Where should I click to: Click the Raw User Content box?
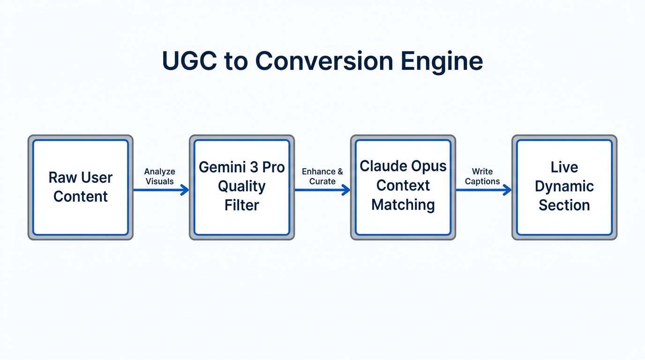click(x=81, y=187)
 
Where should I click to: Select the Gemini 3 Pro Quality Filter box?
click(x=242, y=187)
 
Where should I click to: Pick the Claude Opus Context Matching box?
click(x=403, y=187)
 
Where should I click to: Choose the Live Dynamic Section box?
click(x=564, y=187)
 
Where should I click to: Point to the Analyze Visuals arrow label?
click(x=160, y=177)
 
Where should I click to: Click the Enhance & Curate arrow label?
click(x=322, y=177)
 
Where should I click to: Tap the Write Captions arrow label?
click(x=482, y=177)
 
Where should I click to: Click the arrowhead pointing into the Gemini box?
click(x=185, y=190)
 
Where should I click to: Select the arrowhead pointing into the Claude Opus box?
click(x=346, y=190)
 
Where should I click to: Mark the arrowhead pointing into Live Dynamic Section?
click(x=508, y=190)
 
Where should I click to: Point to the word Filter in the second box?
click(x=242, y=205)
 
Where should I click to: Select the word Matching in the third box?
click(x=403, y=205)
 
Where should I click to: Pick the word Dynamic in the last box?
click(x=564, y=186)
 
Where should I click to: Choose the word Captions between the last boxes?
click(x=482, y=182)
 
